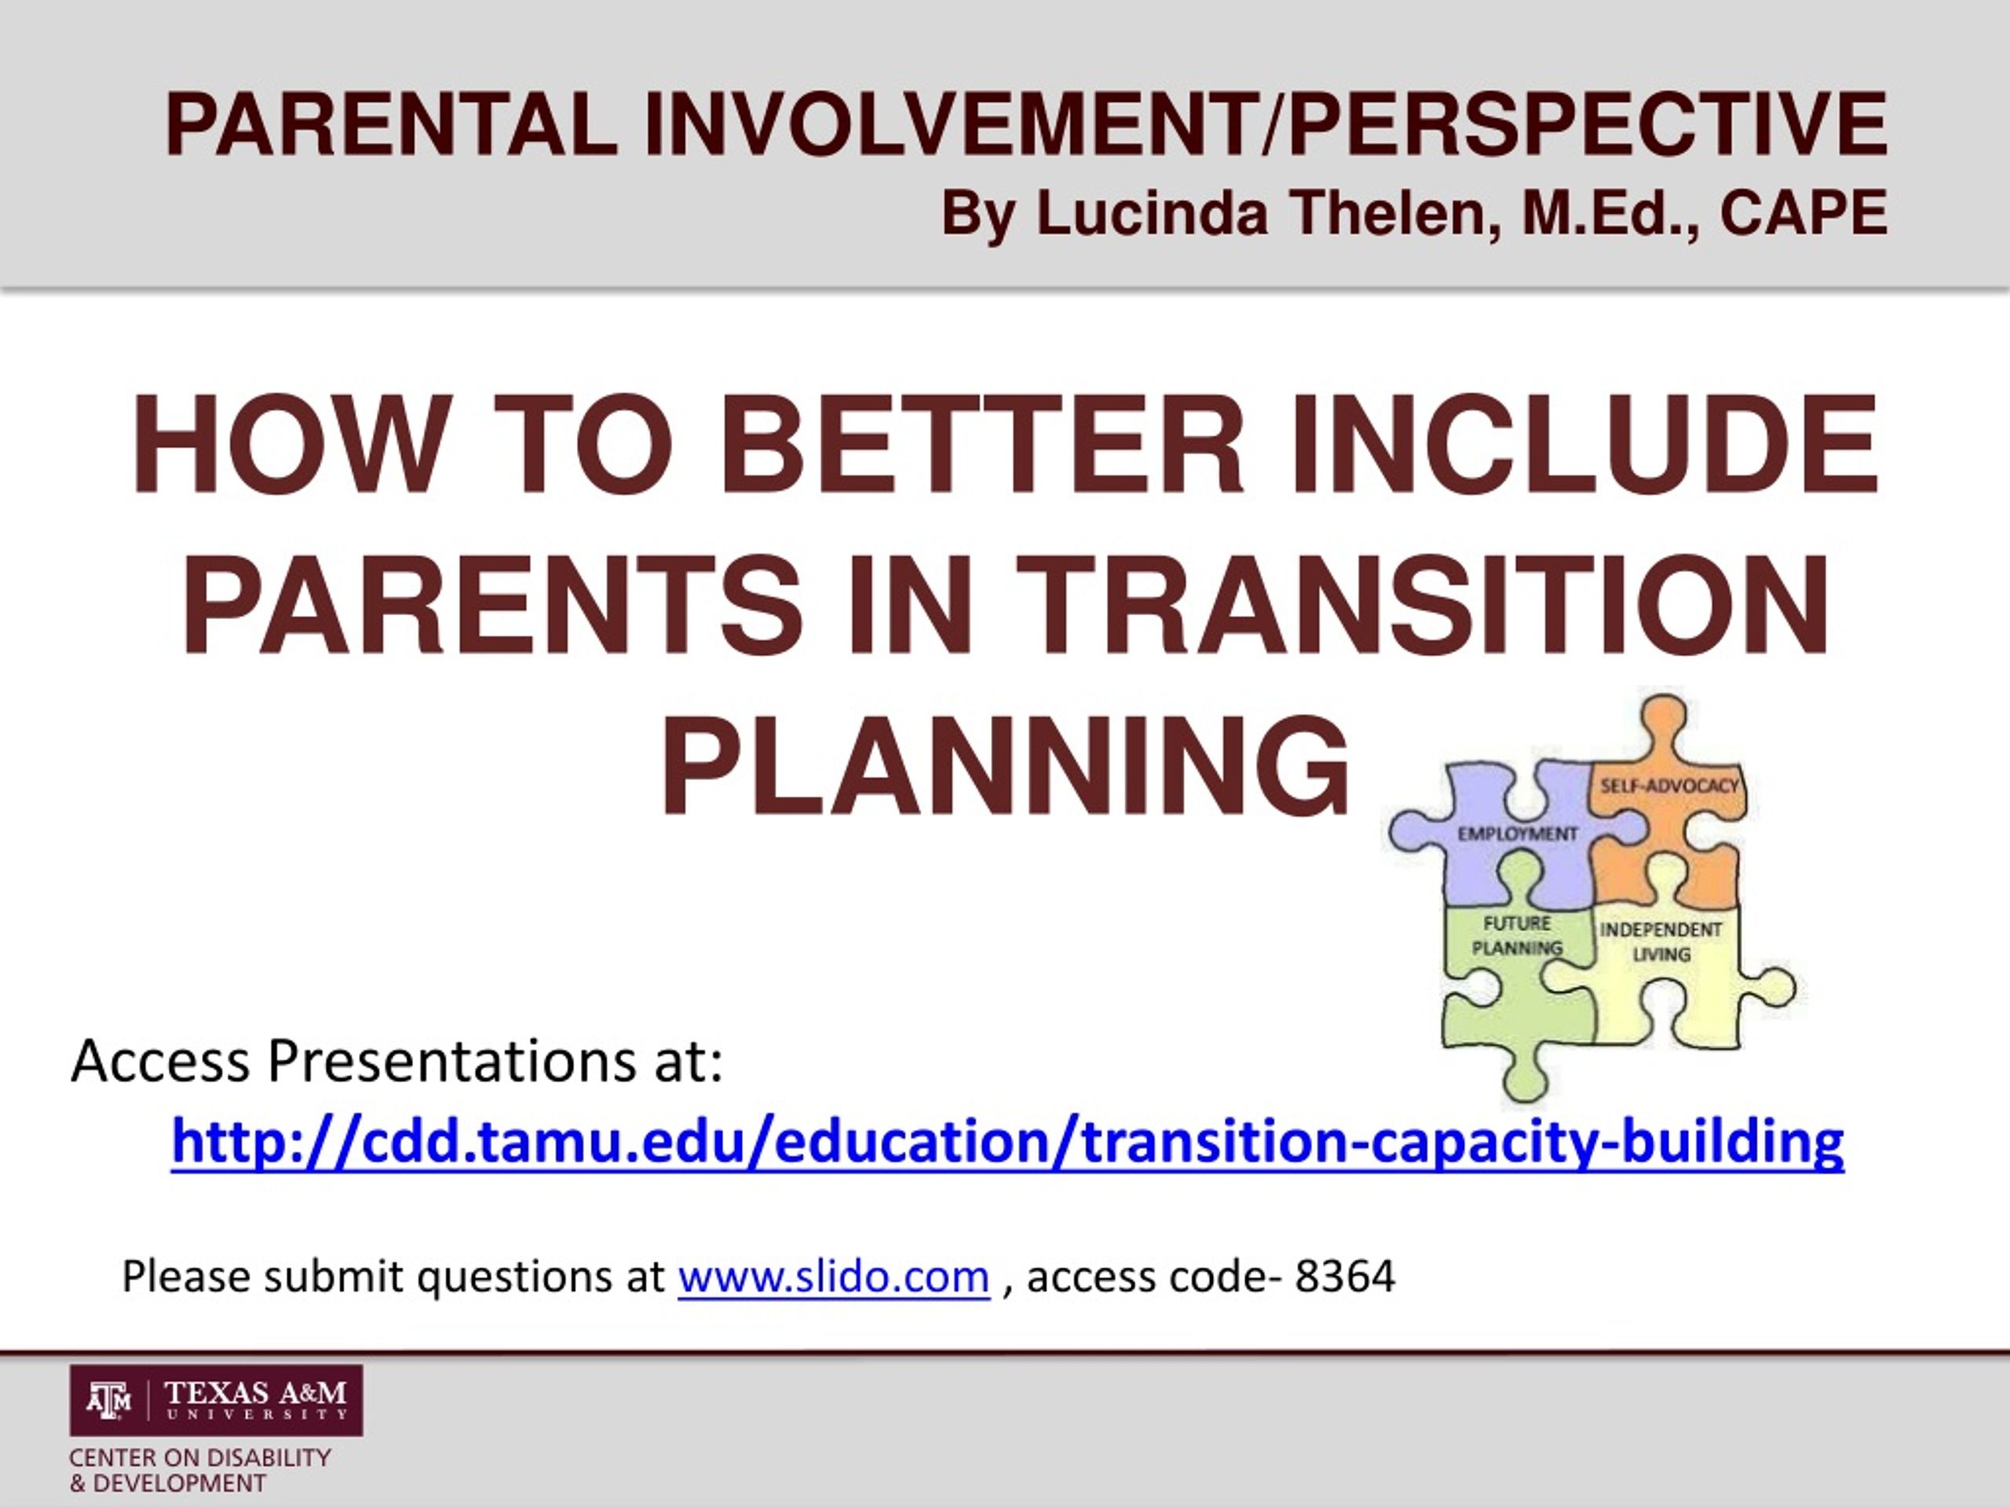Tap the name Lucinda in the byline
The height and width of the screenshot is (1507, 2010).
click(x=1151, y=214)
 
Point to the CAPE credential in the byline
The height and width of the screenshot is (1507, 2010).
click(x=1804, y=214)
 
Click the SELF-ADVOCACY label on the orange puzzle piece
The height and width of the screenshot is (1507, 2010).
click(x=1668, y=785)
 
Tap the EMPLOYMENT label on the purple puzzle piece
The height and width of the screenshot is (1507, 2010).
click(x=1518, y=833)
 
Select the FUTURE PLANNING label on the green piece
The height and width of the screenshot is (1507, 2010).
click(x=1517, y=936)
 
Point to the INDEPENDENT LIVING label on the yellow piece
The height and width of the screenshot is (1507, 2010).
click(x=1660, y=942)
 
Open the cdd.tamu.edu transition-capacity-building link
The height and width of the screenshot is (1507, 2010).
click(x=1007, y=1142)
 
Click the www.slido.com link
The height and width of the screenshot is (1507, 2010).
click(x=833, y=1276)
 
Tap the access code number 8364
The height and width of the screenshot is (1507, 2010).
click(x=1345, y=1276)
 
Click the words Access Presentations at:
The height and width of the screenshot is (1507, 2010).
click(x=397, y=1060)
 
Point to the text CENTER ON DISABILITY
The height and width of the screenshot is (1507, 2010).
click(x=200, y=1458)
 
